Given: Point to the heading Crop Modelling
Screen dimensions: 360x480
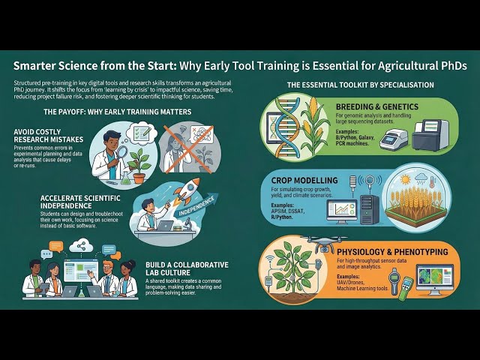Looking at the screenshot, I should click(x=324, y=181).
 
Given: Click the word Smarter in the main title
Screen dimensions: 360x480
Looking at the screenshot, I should click(x=39, y=66).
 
